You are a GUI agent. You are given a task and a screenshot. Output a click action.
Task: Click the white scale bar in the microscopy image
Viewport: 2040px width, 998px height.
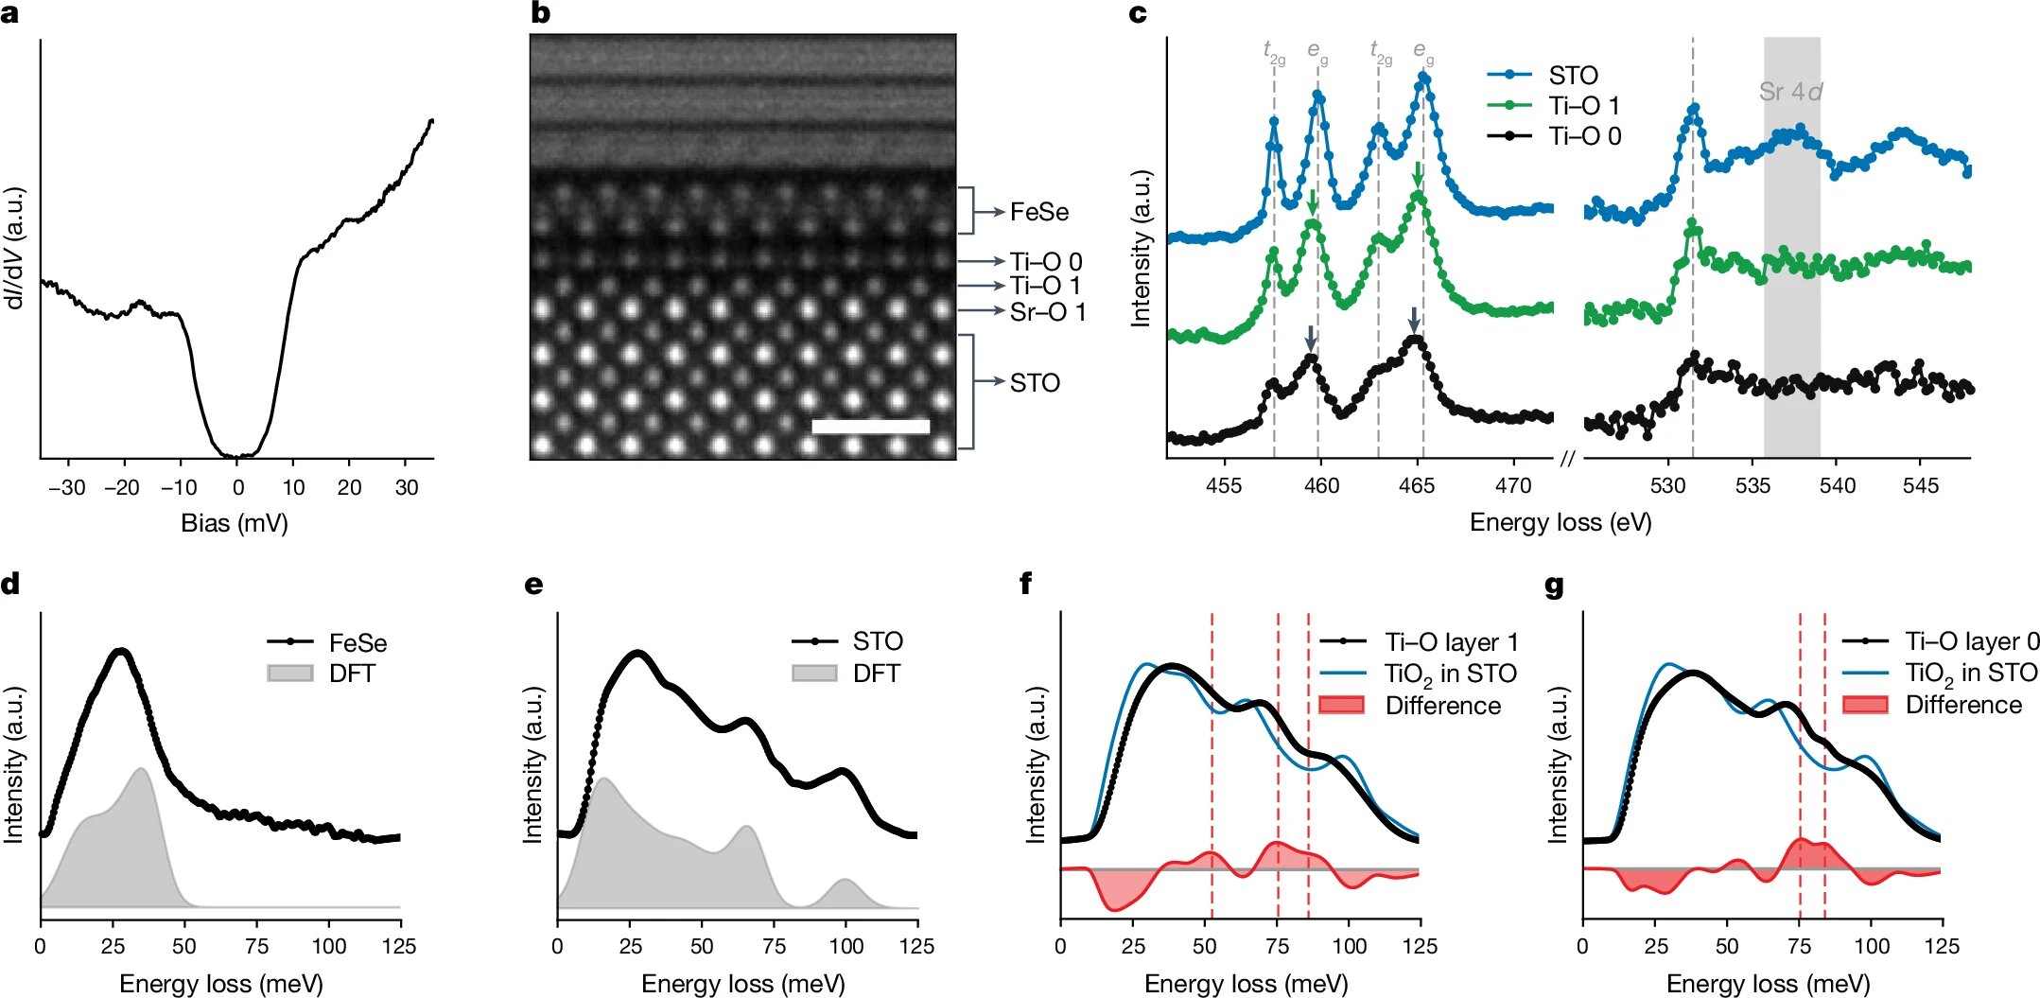(870, 427)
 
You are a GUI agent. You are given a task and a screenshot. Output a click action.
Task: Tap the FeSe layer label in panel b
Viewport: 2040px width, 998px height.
(1038, 212)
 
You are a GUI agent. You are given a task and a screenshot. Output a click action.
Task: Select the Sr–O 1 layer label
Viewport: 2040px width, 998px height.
(1047, 311)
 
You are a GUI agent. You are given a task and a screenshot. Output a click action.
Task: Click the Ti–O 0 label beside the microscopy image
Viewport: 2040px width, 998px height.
(1045, 261)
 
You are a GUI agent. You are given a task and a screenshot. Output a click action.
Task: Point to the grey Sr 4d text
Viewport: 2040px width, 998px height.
(1790, 92)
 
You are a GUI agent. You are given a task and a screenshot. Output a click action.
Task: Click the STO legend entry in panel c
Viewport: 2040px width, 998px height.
(1572, 75)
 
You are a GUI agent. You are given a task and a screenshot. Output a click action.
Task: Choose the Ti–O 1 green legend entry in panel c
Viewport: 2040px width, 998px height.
(1583, 106)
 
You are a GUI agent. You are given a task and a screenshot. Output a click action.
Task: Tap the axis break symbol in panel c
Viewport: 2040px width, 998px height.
(1567, 459)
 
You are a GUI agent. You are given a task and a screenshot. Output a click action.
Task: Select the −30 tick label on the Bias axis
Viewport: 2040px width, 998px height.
(66, 488)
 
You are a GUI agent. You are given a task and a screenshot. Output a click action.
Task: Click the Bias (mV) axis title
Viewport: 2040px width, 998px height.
(235, 523)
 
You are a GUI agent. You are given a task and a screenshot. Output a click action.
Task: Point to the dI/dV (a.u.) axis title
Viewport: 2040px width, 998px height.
(14, 248)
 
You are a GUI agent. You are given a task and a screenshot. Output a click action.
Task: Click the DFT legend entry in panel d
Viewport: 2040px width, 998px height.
(352, 674)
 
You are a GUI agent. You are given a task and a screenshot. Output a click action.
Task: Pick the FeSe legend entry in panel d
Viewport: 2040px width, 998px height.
(357, 643)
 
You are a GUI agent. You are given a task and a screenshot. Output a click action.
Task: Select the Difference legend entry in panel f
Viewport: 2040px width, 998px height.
(1442, 706)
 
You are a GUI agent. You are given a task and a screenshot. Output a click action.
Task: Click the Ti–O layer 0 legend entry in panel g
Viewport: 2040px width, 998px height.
(1971, 641)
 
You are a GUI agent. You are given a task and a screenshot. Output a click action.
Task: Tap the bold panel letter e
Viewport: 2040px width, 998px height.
(534, 585)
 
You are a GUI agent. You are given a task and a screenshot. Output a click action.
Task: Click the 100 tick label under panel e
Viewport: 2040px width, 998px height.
(846, 946)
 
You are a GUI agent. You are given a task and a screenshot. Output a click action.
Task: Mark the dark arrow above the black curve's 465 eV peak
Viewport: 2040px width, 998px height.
(1413, 319)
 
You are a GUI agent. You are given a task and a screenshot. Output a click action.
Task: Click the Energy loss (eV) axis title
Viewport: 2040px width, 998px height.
(1560, 523)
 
